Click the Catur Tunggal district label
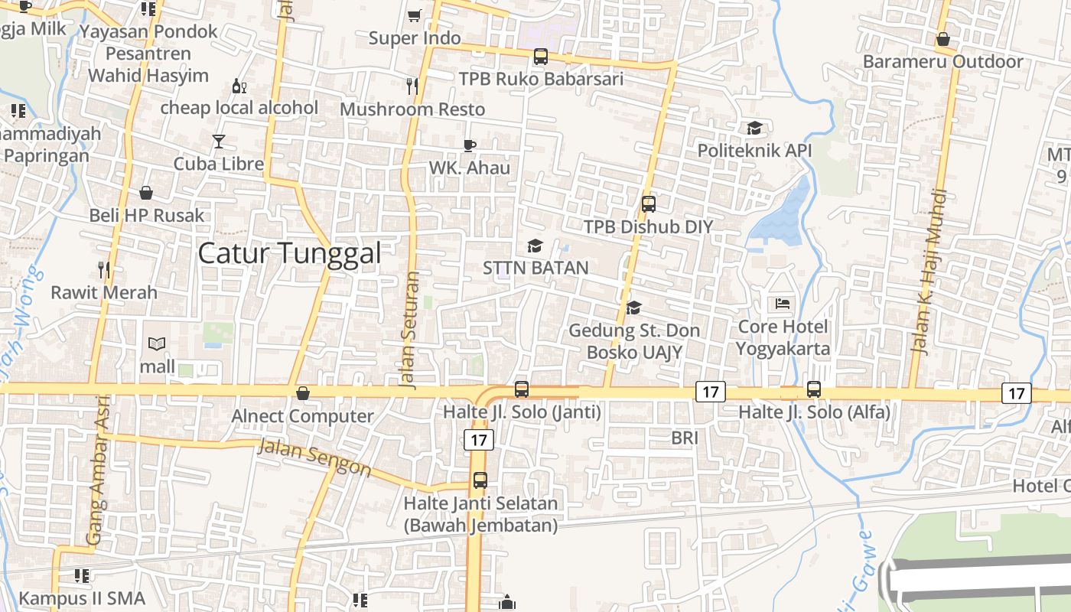pos(289,253)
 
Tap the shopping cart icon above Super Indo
pos(414,15)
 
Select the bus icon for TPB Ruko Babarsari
pos(541,56)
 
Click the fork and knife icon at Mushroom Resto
pos(412,86)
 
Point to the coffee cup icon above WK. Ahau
pos(470,145)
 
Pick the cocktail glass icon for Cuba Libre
pos(219,142)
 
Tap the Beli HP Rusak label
pos(147,215)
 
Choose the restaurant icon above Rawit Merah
pos(104,269)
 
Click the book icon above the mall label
pos(157,344)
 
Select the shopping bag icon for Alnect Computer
pos(303,393)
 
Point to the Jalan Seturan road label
pos(409,330)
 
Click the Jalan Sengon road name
pos(314,457)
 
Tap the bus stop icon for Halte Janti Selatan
pos(480,480)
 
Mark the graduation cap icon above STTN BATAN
pos(535,246)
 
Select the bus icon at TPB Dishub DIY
pos(649,204)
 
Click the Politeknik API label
pos(754,150)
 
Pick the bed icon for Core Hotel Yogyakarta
pos(783,304)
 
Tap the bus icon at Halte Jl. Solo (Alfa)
pos(814,389)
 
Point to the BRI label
pos(685,438)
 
